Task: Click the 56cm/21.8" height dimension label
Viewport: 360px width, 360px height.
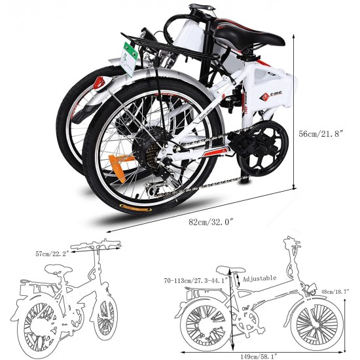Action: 321,134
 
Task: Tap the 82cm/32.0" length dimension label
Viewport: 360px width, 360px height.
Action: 211,222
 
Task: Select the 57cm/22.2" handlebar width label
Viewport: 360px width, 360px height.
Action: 52,253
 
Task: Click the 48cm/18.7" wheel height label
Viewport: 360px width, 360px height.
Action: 335,291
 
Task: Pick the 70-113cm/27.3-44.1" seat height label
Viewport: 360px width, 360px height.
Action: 196,280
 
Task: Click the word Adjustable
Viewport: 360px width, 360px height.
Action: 259,278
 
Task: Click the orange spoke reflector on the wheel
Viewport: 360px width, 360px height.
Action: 120,167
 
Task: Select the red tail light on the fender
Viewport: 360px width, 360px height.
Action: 100,83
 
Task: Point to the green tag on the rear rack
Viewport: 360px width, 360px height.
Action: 129,59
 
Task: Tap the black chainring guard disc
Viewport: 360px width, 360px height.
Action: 263,149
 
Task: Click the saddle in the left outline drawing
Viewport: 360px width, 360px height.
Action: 58,269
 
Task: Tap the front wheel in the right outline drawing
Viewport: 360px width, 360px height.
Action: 317,323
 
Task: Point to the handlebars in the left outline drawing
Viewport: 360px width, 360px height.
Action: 96,245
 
